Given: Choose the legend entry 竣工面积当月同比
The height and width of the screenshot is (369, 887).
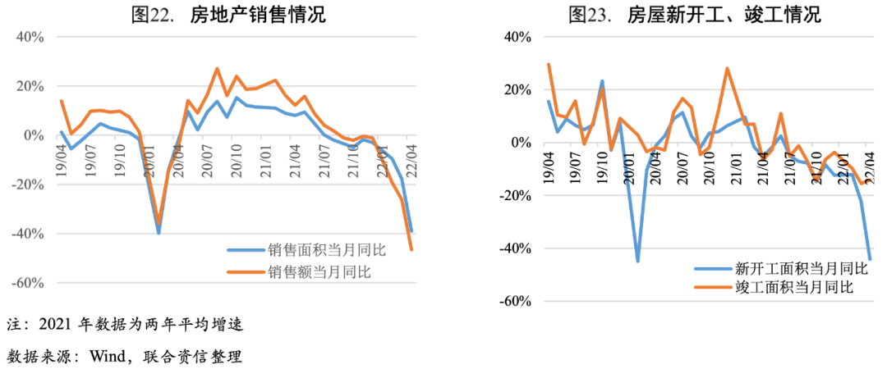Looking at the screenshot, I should click(784, 286).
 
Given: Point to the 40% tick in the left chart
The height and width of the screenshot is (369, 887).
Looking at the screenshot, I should click(30, 37).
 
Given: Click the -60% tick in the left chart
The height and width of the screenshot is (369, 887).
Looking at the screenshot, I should click(28, 283).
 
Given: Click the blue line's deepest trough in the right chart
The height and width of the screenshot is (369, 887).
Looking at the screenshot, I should click(638, 261).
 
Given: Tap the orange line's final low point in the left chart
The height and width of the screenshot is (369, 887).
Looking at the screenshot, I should click(411, 250).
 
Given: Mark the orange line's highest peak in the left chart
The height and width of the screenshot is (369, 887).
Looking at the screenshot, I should click(217, 69).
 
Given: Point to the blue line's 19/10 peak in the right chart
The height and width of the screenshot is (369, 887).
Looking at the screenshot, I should click(602, 81).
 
